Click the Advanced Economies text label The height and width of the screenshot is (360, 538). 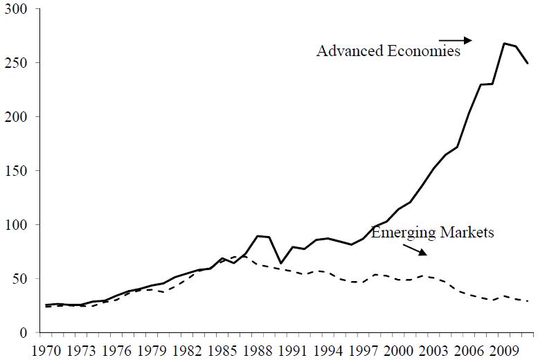(x=388, y=52)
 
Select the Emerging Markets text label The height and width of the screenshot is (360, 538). (x=433, y=233)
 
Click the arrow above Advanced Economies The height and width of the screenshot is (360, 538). (x=456, y=39)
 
